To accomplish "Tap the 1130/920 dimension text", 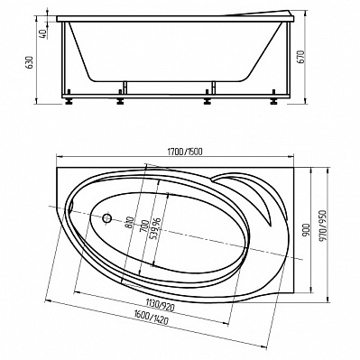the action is coord(160,305).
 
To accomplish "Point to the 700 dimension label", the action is coord(145,226).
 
